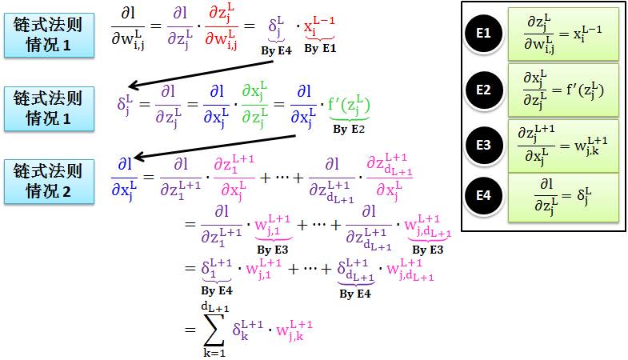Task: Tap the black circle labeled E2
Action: [483, 89]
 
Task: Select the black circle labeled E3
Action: [483, 145]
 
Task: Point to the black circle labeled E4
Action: [483, 195]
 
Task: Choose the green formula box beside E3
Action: [563, 145]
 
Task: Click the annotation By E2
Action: [349, 128]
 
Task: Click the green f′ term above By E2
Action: [349, 103]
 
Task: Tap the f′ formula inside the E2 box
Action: [563, 89]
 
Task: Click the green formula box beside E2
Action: [563, 89]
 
